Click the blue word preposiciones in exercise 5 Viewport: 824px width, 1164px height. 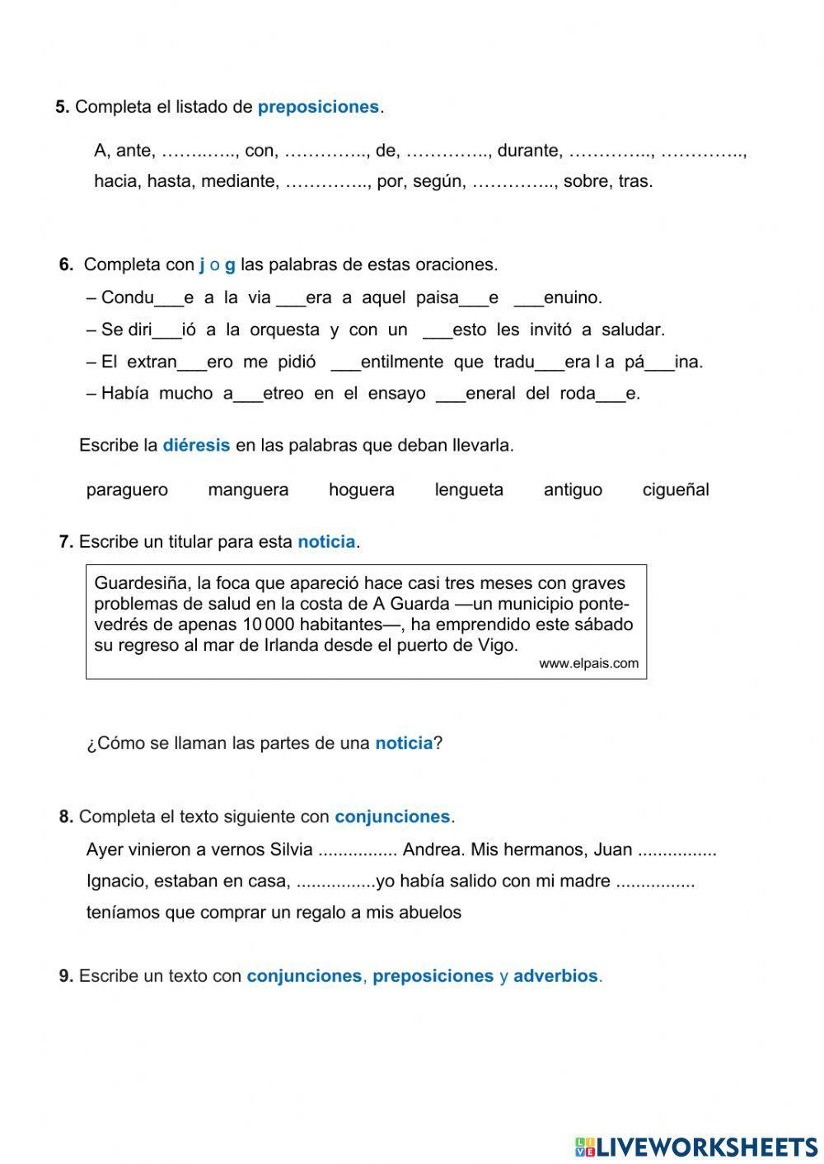tap(318, 107)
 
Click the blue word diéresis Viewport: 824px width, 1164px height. tap(196, 446)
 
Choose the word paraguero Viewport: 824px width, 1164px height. tap(127, 490)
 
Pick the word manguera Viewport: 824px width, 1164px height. tap(248, 490)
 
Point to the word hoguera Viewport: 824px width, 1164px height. tap(361, 490)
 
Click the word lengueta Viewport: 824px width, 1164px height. tap(469, 490)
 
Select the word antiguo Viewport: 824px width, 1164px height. tap(573, 490)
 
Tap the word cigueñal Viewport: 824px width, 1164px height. tap(676, 490)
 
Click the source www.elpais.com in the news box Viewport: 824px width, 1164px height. tap(588, 664)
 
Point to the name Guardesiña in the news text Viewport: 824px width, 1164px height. tap(141, 584)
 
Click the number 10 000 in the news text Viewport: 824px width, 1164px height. tap(269, 624)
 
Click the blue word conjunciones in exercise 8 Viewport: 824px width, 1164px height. tap(392, 817)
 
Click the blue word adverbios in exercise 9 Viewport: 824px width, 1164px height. tap(555, 976)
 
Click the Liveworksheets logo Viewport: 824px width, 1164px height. tap(695, 1147)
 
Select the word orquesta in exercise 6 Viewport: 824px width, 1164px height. tap(284, 330)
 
